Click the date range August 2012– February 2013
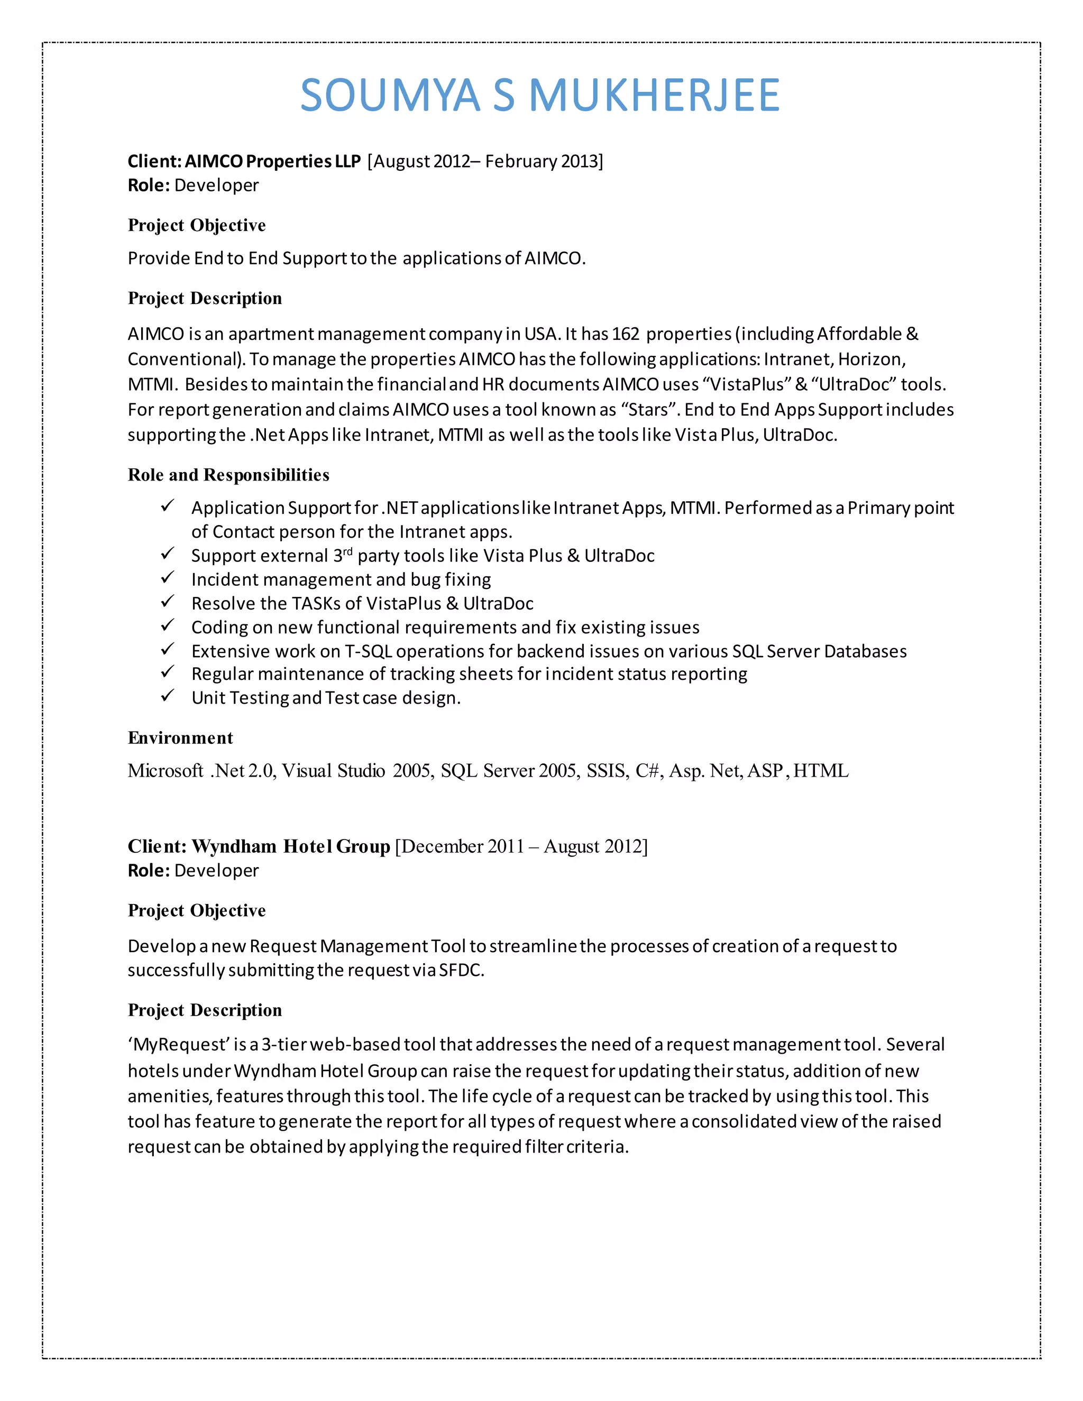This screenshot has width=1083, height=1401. coord(485,161)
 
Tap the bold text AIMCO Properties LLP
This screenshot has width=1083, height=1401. coord(273,161)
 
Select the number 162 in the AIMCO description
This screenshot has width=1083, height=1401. coord(626,334)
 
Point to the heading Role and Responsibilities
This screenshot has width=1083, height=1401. coord(228,475)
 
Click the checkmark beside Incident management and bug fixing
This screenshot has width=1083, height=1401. coord(168,578)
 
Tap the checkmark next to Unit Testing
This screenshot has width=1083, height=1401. coord(168,696)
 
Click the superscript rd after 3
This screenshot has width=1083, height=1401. coord(348,551)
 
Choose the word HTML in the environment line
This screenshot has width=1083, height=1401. coord(821,770)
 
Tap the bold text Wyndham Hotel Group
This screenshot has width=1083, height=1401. coord(291,847)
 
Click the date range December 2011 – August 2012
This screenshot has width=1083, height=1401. coord(521,847)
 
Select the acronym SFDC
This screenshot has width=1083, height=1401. coord(460,970)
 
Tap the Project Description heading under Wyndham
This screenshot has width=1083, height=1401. coord(205,1010)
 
